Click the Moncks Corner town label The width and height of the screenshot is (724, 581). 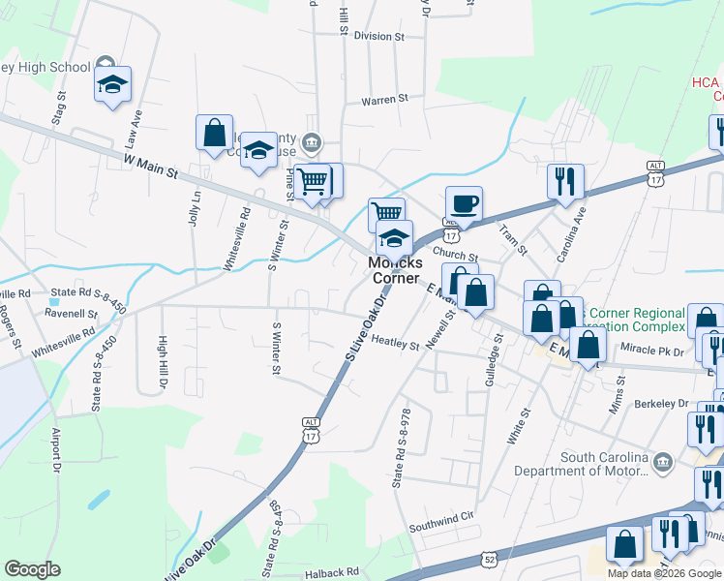pos(396,269)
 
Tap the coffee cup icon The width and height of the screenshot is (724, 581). pos(464,204)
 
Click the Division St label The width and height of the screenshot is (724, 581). pos(378,36)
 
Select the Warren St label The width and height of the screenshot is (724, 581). pos(385,99)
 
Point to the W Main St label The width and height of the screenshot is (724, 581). pos(151,166)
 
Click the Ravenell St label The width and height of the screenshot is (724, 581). pos(72,314)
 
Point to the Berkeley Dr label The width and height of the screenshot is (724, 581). pos(661,403)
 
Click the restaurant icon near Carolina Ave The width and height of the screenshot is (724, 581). pos(565,181)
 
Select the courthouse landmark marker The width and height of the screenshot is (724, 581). pos(312,143)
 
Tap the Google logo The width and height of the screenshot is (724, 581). pos(32,569)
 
